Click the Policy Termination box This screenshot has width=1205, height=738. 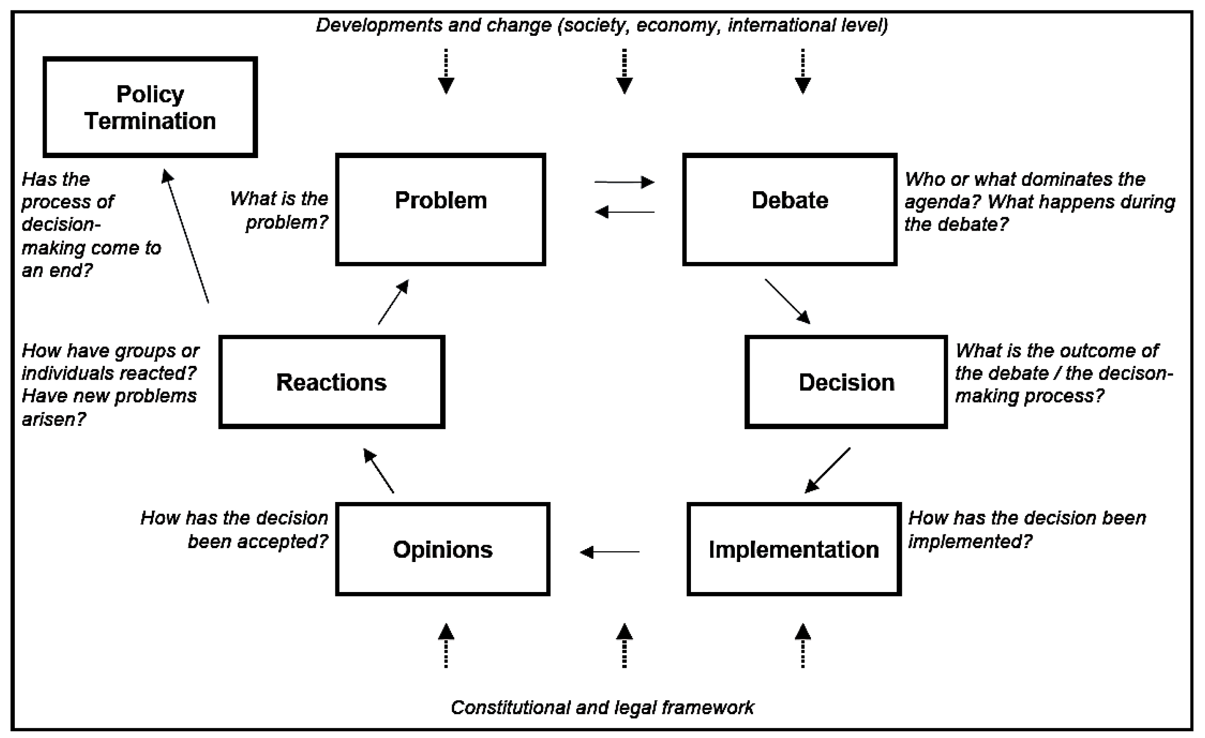(150, 107)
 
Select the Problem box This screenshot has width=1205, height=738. (440, 209)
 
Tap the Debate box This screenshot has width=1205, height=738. (789, 209)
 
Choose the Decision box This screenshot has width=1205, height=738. (846, 382)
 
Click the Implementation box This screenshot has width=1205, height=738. (794, 549)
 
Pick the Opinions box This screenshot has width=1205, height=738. (442, 549)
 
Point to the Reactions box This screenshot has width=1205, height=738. (331, 382)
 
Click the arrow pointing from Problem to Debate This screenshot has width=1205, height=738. (624, 182)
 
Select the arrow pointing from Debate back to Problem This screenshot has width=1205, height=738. (624, 212)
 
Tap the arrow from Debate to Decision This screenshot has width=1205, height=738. (787, 301)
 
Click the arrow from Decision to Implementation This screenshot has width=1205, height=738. (828, 470)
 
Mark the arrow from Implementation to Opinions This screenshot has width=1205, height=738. (609, 552)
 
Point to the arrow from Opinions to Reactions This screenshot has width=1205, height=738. (378, 471)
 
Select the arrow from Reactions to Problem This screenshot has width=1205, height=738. (393, 302)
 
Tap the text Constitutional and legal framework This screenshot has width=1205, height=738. (602, 707)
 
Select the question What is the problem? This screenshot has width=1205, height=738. (280, 210)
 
